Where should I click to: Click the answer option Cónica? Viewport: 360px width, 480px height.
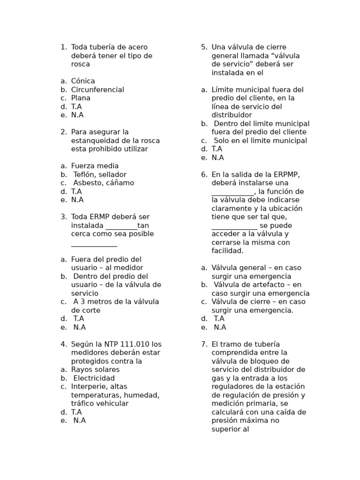pos(83,81)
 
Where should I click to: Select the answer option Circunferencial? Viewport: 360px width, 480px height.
pos(97,90)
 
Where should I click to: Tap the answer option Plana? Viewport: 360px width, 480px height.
pos(81,98)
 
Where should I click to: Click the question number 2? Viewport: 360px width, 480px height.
pos(63,132)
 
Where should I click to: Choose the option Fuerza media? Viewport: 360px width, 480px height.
pos(95,166)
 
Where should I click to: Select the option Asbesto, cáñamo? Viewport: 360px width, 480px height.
pos(104,183)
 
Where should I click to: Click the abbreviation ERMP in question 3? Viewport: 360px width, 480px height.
pos(100,217)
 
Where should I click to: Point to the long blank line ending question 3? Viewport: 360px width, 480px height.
pos(94,245)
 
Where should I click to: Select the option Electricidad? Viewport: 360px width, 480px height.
pos(94,378)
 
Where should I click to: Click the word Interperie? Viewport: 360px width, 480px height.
pos(90,387)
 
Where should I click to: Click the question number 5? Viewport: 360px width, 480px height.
pos(204,47)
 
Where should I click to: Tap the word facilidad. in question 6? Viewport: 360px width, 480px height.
pos(228,251)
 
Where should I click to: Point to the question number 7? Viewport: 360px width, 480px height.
pos(204,344)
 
